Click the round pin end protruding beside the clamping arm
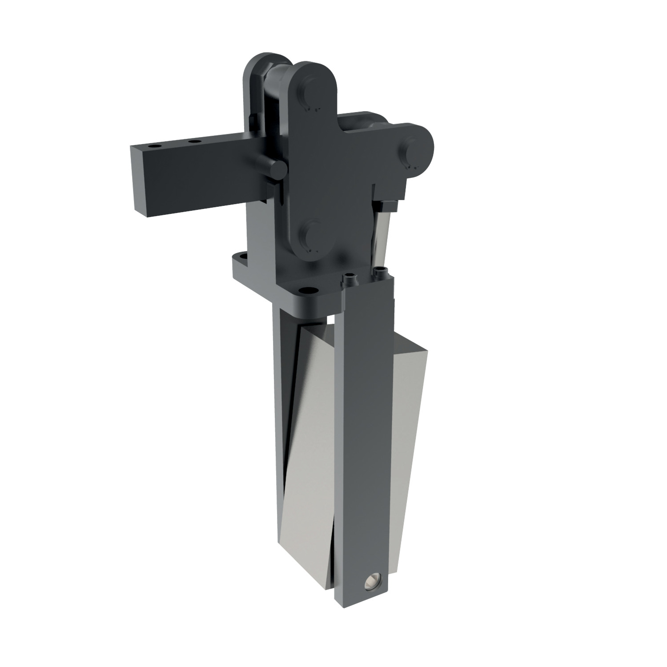tap(279, 169)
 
